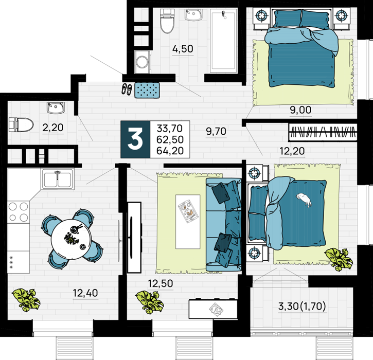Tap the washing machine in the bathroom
point(142,62)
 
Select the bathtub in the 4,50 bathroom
point(223,41)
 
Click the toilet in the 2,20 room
point(21,124)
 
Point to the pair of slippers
point(127,89)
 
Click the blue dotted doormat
point(147,90)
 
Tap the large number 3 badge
point(135,139)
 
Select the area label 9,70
point(216,131)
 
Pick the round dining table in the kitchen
point(71,239)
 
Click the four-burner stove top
point(19,212)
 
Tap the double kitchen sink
point(57,179)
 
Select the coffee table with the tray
point(188,222)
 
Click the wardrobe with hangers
point(323,132)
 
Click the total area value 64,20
point(170,151)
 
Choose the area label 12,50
point(161,283)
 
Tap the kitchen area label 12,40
point(85,293)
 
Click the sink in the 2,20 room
point(56,107)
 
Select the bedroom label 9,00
point(300,110)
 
